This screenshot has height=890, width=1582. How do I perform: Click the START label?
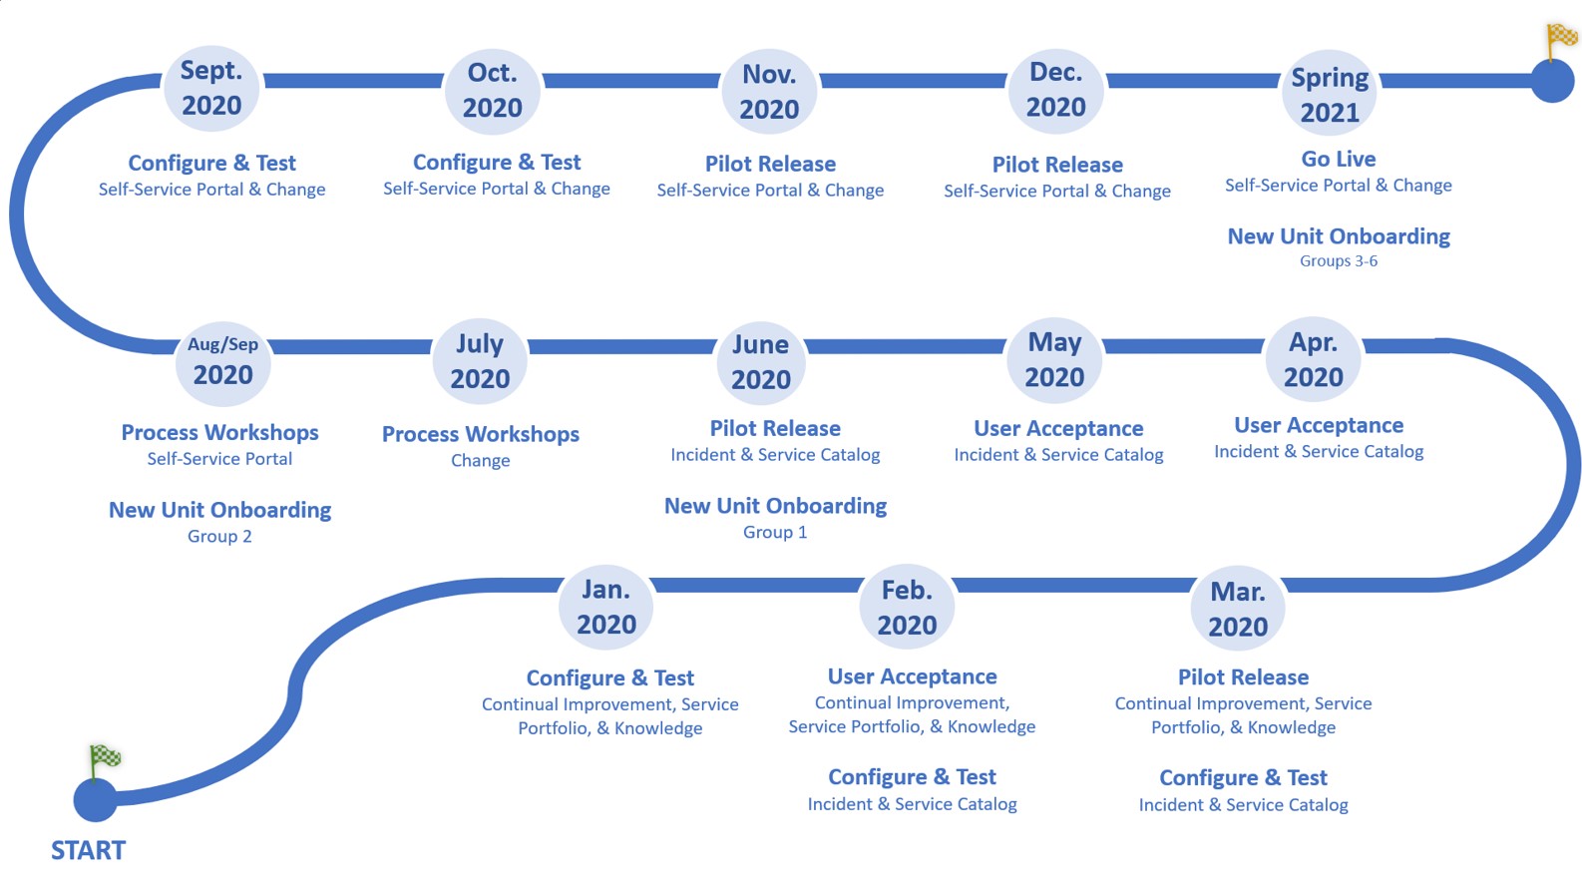pos(88,850)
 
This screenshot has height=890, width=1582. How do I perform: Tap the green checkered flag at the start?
pos(104,758)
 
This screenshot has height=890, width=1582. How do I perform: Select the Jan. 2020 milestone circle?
pos(606,607)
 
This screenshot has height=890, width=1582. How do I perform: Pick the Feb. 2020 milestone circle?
pos(907,607)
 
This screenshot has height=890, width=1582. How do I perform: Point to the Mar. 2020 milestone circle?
pos(1238,609)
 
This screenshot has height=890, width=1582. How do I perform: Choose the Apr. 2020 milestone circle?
pos(1313,359)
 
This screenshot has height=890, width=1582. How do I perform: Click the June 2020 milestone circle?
pos(761,361)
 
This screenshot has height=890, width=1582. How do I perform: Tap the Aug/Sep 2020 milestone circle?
pos(222,361)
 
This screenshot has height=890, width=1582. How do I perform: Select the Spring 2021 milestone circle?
pos(1330,94)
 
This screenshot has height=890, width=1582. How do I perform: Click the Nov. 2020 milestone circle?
pos(769,92)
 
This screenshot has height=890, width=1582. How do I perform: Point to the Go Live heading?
pos(1339,159)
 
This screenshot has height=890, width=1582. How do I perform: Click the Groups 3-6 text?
pos(1339,261)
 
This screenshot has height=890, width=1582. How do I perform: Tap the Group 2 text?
pos(219,536)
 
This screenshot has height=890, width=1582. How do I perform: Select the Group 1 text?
pos(775,532)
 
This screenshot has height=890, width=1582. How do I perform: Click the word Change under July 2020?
pos(480,460)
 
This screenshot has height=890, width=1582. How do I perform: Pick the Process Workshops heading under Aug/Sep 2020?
pos(219,432)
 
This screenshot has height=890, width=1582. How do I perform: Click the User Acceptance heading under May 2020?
pos(1058,428)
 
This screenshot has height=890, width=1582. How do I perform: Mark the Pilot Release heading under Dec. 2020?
pos(1057,165)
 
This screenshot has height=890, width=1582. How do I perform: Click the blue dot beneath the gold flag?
pos(1552,81)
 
